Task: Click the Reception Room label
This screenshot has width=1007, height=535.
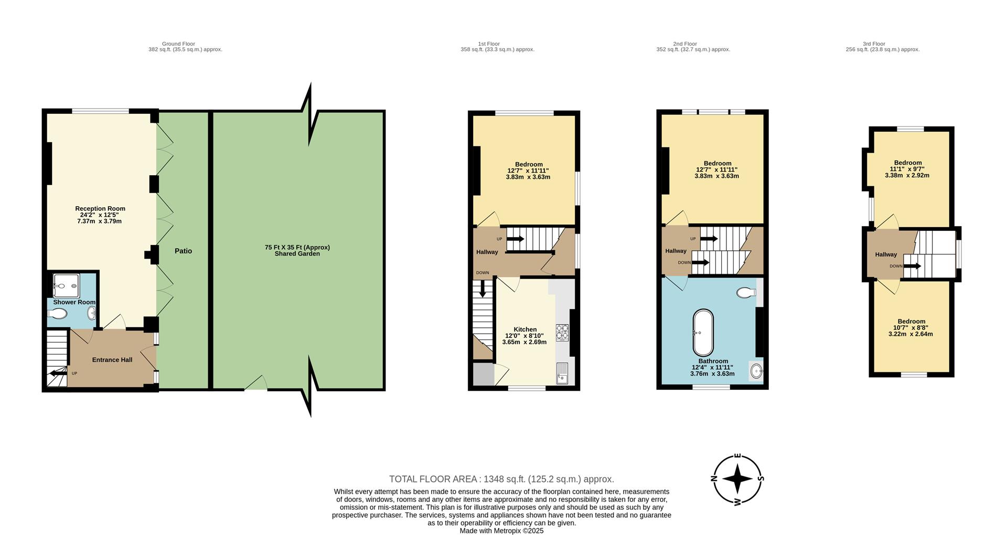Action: [100, 215]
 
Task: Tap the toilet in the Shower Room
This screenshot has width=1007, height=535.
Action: [58, 314]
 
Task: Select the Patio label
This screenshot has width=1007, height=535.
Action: [183, 251]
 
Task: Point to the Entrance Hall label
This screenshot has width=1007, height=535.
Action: [112, 360]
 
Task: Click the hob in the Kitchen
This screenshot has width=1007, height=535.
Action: [562, 332]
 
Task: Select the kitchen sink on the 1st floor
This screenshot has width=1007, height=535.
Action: [562, 373]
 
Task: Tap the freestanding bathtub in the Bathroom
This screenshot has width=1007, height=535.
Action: [703, 333]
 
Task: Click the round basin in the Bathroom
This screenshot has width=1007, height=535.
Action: [756, 371]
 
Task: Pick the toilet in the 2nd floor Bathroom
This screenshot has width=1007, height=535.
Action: [746, 292]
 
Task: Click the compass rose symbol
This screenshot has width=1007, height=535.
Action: [737, 479]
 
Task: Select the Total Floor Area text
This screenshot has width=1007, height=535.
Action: [501, 479]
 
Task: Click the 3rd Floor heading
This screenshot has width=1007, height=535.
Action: [874, 44]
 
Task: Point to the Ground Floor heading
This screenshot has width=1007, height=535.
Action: [178, 44]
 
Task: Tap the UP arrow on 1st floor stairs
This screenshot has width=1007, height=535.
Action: [515, 239]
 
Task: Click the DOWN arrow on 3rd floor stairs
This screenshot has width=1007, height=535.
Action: [912, 266]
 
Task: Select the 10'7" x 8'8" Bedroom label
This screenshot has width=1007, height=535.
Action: [911, 328]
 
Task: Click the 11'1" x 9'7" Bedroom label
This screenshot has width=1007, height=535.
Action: [907, 169]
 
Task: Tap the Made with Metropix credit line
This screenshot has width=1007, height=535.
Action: [501, 530]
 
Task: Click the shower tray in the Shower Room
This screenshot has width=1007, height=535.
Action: [66, 286]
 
